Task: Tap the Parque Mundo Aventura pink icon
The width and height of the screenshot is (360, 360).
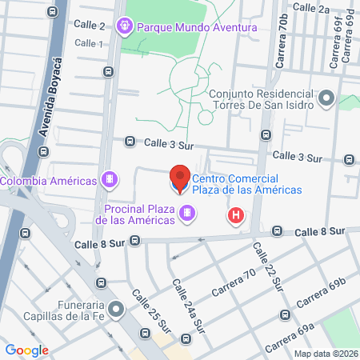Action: point(125,27)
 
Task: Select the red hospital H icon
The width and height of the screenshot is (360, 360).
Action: point(236,215)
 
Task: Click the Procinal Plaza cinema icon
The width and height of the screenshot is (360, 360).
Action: point(186,214)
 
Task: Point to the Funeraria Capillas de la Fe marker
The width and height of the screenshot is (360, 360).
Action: point(118,308)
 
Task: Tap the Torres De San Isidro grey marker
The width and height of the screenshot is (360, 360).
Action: point(326,99)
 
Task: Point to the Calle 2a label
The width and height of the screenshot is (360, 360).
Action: point(311,8)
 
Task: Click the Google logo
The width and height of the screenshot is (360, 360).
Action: point(27,350)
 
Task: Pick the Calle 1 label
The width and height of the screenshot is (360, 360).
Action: point(90,43)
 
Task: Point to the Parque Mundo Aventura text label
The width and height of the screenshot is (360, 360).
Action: point(197,27)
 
